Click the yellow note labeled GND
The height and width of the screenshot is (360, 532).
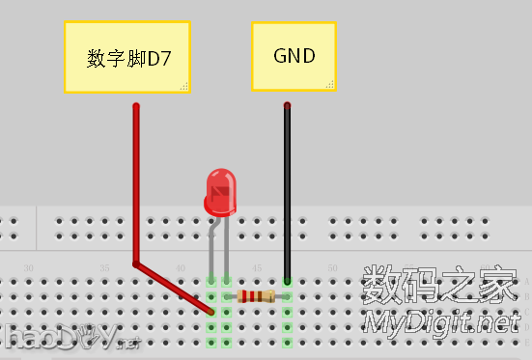click(294, 56)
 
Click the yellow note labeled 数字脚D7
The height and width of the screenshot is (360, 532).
click(126, 58)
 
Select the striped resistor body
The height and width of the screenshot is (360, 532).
click(256, 296)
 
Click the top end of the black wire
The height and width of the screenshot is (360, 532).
click(287, 105)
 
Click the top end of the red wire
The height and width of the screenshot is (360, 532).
click(136, 106)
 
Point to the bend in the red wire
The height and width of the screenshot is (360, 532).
click(136, 263)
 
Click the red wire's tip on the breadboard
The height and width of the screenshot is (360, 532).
click(211, 312)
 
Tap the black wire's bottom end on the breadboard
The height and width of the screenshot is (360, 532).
click(287, 281)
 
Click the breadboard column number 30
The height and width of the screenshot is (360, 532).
click(28, 267)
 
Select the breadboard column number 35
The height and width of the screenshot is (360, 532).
click(104, 267)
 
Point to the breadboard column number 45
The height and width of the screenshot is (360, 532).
click(256, 267)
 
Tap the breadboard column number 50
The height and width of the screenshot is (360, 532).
click(331, 267)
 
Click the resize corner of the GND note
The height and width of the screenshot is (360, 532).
click(330, 85)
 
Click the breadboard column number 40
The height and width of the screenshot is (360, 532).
click(181, 267)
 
